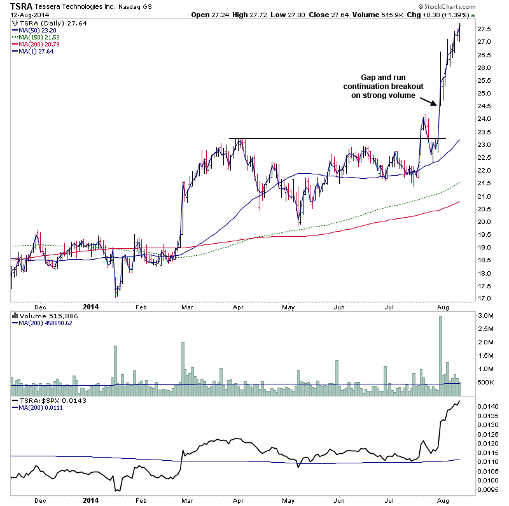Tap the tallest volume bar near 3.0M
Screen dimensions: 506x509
coord(440,350)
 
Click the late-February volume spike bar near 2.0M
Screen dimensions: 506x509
coord(182,363)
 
